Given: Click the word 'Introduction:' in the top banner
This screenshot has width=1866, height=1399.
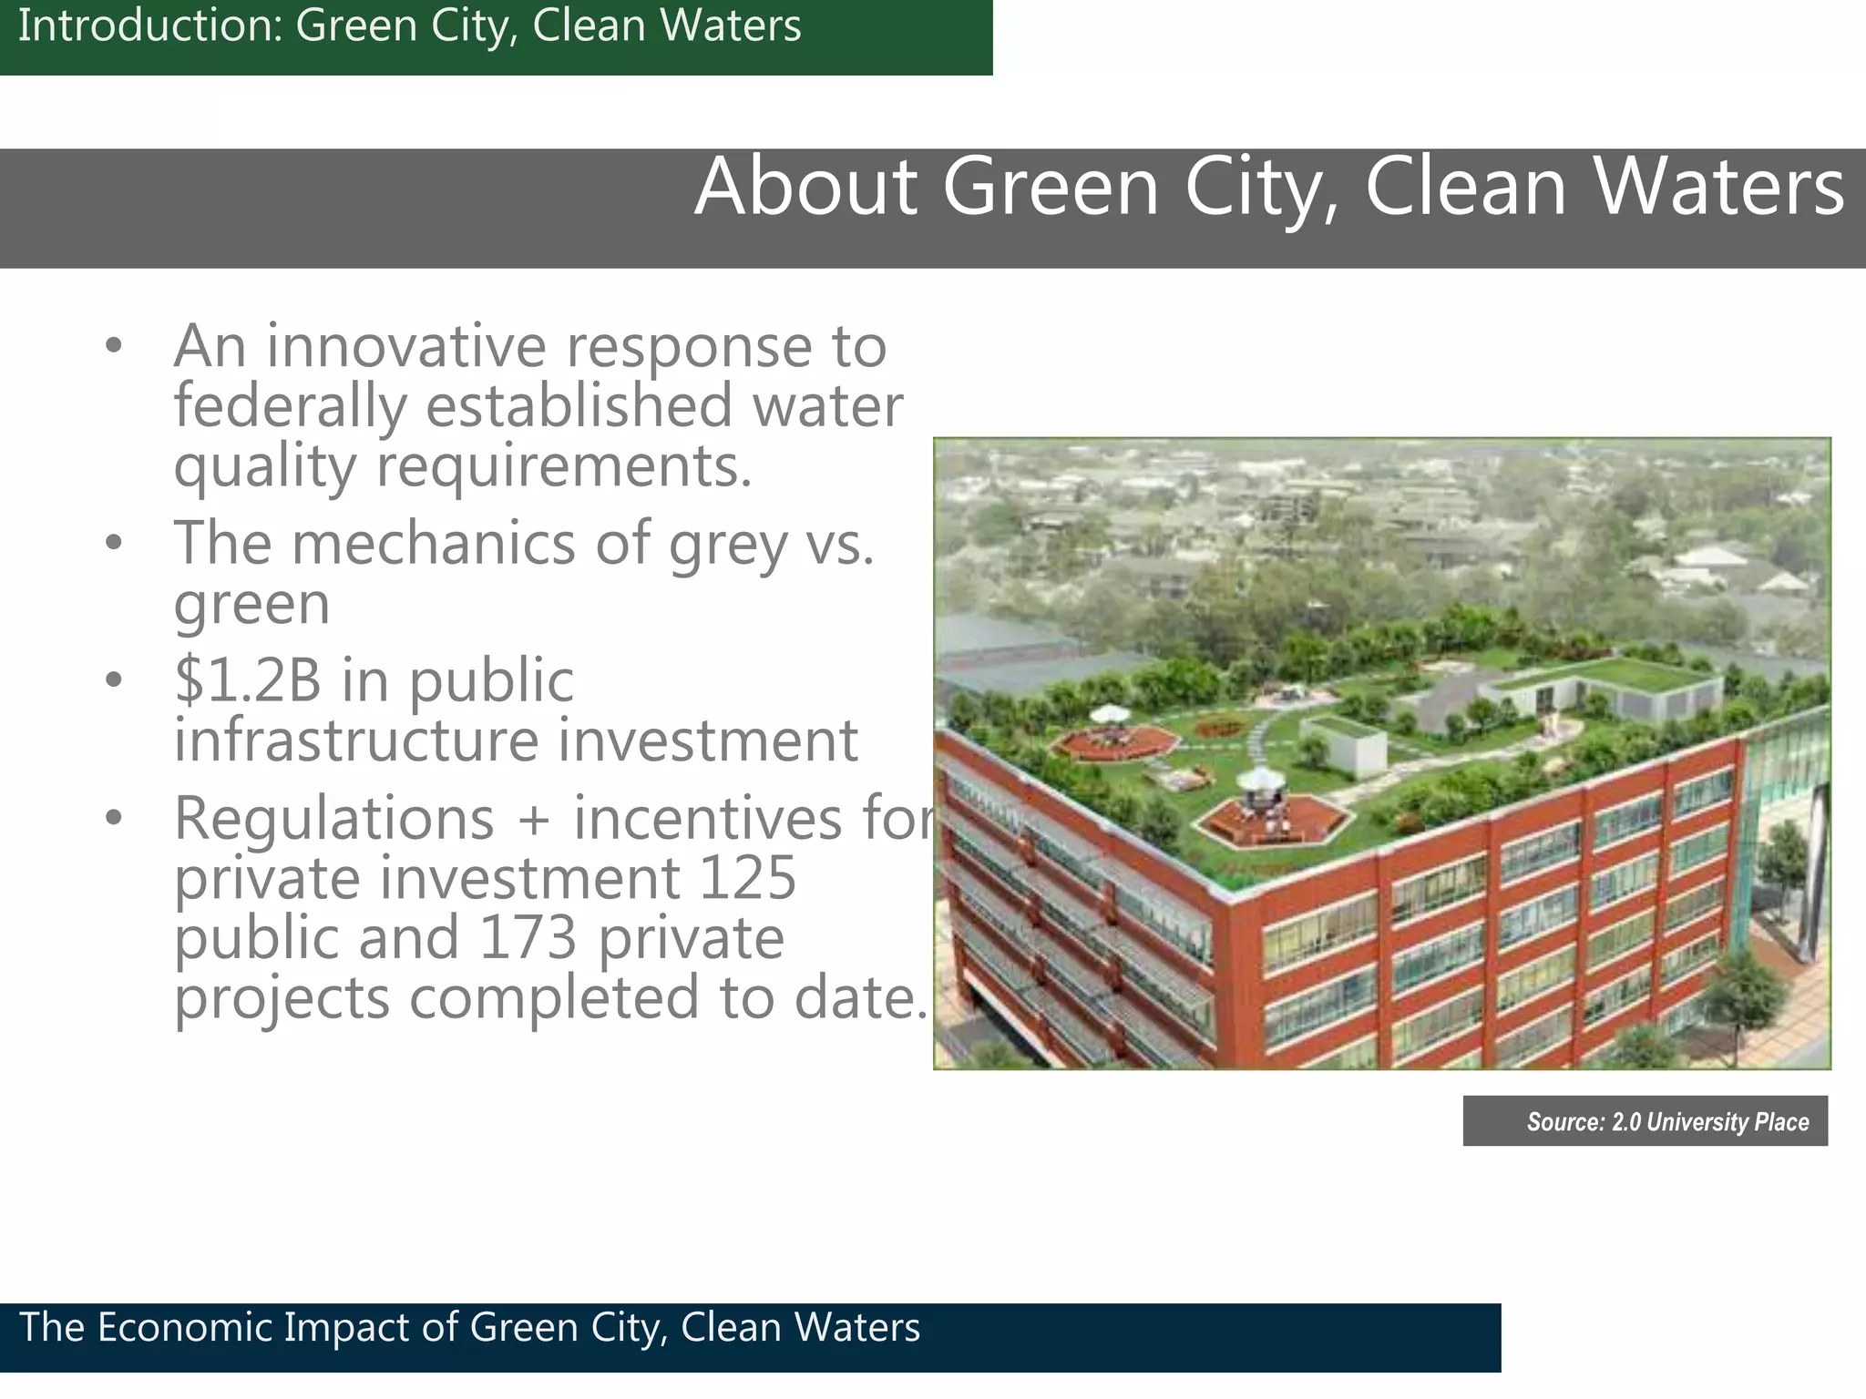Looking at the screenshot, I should pos(150,26).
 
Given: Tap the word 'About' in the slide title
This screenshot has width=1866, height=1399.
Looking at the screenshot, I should pos(805,187).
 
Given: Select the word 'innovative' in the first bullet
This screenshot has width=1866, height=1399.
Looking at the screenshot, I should pos(406,346).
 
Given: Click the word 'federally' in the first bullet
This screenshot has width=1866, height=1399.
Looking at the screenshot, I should pos(290,406).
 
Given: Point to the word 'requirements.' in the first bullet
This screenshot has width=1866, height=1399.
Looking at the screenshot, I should pos(564,466).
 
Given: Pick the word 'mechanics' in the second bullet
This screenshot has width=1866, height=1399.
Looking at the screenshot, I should pos(434,543).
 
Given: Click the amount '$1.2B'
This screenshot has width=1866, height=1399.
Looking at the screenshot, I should pos(248,680).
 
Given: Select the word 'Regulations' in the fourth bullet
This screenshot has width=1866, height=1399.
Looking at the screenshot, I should pos(334,818).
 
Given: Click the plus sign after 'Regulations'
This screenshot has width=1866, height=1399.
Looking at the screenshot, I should pos(533,820).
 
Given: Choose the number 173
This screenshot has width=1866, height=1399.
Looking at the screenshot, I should pos(528,938).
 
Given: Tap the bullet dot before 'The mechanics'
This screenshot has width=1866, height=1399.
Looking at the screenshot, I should pos(113,544).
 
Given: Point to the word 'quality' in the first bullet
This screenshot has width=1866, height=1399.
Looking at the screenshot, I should pos(264,468).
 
